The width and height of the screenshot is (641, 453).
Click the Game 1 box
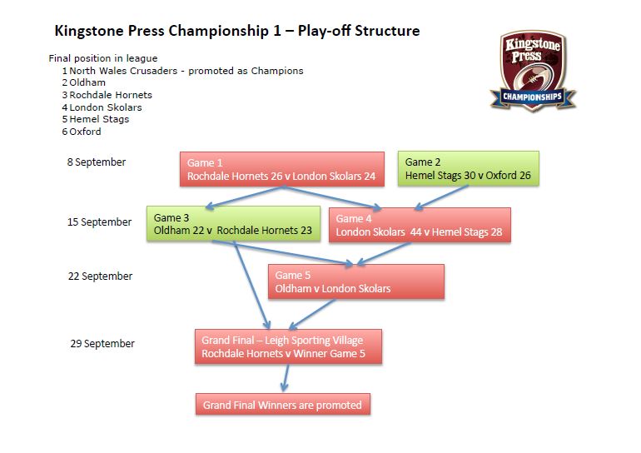pyautogui.click(x=282, y=169)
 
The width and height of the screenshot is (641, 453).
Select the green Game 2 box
pyautogui.click(x=469, y=168)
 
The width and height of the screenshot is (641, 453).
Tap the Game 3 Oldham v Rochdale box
pyautogui.click(x=233, y=224)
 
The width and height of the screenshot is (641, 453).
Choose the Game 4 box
pyautogui.click(x=420, y=226)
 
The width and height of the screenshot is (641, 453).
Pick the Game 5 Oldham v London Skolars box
pyautogui.click(x=356, y=281)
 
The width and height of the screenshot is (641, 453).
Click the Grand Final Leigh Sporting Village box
pyautogui.click(x=288, y=346)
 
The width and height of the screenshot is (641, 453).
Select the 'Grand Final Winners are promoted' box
pyautogui.click(x=283, y=405)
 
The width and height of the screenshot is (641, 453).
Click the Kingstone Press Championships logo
pyautogui.click(x=533, y=71)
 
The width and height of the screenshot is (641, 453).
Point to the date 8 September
pyautogui.click(x=97, y=162)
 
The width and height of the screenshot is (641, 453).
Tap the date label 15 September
pyautogui.click(x=99, y=222)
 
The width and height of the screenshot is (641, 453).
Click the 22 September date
pyautogui.click(x=100, y=276)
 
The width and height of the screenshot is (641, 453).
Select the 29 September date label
pyautogui.click(x=102, y=343)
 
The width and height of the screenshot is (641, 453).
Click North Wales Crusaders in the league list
pyautogui.click(x=123, y=71)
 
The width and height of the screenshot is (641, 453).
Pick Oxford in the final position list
pyautogui.click(x=85, y=132)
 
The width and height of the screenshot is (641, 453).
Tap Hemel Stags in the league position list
pyautogui.click(x=99, y=119)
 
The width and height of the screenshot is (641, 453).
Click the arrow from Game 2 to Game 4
pyautogui.click(x=441, y=198)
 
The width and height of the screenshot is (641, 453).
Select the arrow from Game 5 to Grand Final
pyautogui.click(x=312, y=315)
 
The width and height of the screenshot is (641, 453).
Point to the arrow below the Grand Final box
pyautogui.click(x=286, y=377)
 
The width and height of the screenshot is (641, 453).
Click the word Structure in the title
pyautogui.click(x=387, y=31)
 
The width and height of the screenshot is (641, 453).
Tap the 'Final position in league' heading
pyautogui.click(x=103, y=58)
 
